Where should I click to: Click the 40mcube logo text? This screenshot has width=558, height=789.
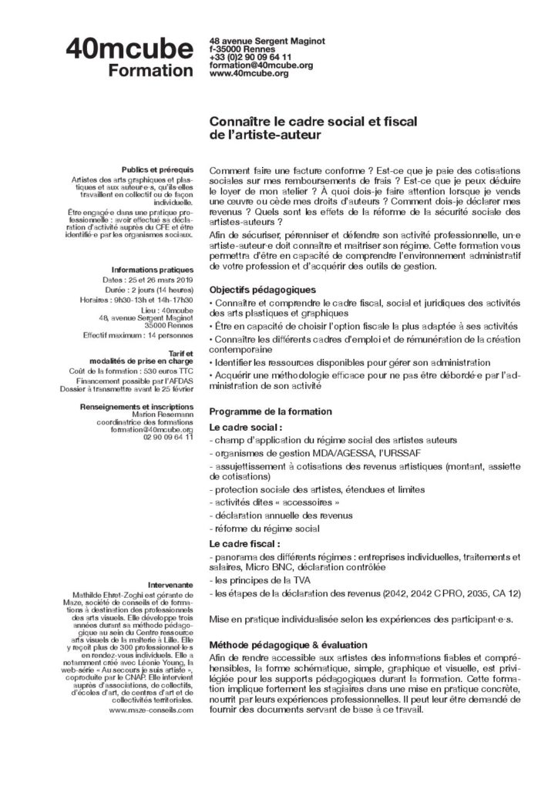[129, 49]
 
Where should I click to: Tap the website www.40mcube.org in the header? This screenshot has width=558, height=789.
[249, 73]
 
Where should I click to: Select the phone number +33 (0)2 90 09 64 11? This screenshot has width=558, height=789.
[250, 57]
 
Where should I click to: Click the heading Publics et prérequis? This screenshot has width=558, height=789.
[157, 169]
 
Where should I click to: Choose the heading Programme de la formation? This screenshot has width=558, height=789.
[271, 411]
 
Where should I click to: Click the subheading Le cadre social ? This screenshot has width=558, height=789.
[246, 426]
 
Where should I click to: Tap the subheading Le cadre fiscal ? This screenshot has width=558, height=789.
[244, 543]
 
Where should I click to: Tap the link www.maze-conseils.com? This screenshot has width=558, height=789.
[151, 710]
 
